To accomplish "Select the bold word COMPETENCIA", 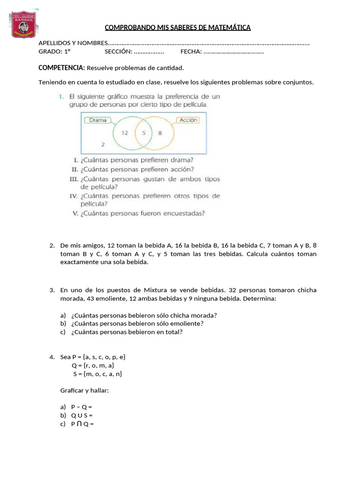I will pyautogui.click(x=61, y=68).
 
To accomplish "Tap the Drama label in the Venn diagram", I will pyautogui.click(x=97, y=120).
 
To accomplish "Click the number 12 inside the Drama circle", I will pyautogui.click(x=125, y=133).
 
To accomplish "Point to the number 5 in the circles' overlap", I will pyautogui.click(x=144, y=133).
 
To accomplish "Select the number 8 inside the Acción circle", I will pyautogui.click(x=160, y=133).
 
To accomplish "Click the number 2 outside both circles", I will pyautogui.click(x=103, y=144).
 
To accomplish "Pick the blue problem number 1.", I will pyautogui.click(x=61, y=97).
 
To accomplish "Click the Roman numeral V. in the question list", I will pyautogui.click(x=75, y=213).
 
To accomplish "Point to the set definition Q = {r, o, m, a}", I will pyautogui.click(x=93, y=365).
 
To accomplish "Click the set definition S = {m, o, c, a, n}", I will pyautogui.click(x=97, y=374).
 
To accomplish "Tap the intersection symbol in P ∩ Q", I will pyautogui.click(x=79, y=424).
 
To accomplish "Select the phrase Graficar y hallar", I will pyautogui.click(x=84, y=390).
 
